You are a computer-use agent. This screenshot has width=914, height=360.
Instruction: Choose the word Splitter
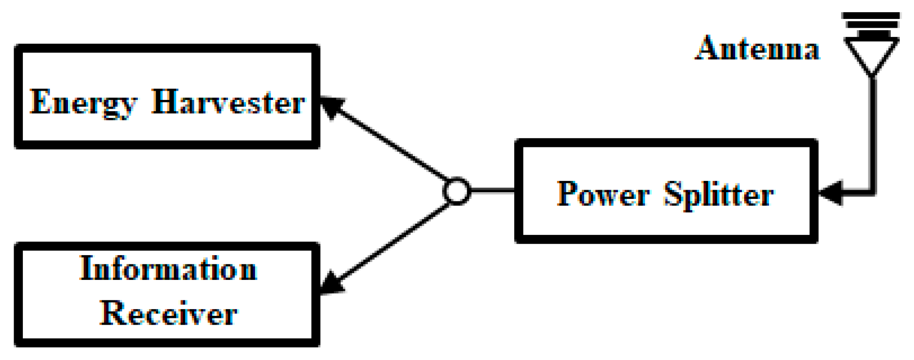718,195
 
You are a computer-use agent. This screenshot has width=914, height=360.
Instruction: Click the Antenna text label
757,49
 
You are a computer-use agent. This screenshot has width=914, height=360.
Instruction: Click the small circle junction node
457,191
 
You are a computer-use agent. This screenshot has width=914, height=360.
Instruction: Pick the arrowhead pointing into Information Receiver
331,283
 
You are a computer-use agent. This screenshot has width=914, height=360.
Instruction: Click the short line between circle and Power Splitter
492,191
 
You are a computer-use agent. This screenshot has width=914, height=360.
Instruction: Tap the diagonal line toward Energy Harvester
393,144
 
